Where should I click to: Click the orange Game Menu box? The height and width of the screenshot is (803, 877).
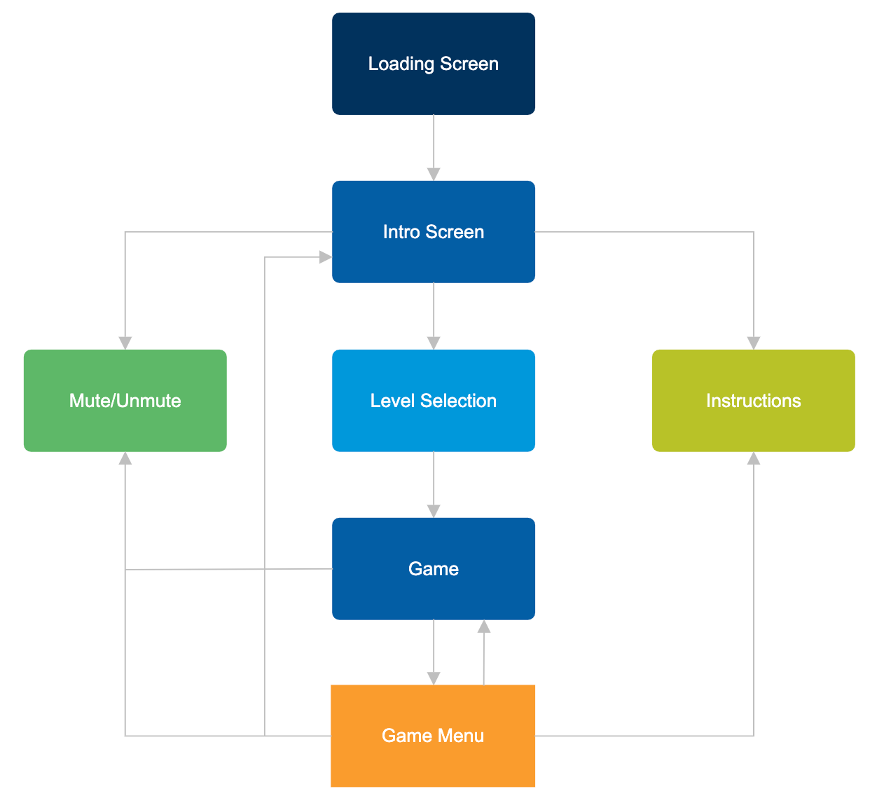[x=433, y=764]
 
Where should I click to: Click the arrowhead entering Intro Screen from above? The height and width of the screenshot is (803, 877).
[x=434, y=174]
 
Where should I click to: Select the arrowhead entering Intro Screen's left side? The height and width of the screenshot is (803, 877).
[x=325, y=257]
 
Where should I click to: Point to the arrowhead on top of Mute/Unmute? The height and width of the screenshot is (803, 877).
[x=125, y=343]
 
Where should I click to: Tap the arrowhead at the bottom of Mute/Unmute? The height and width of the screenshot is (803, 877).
[x=125, y=458]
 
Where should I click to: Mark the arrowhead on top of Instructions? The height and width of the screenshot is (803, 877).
[x=754, y=343]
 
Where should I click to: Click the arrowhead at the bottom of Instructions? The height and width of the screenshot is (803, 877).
[x=754, y=458]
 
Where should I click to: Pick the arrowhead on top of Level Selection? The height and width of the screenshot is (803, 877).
[x=434, y=343]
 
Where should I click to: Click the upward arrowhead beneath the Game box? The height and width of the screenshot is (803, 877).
[x=484, y=626]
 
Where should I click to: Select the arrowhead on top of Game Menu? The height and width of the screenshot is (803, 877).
[x=434, y=678]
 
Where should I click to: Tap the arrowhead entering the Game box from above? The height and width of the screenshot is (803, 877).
[x=434, y=511]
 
